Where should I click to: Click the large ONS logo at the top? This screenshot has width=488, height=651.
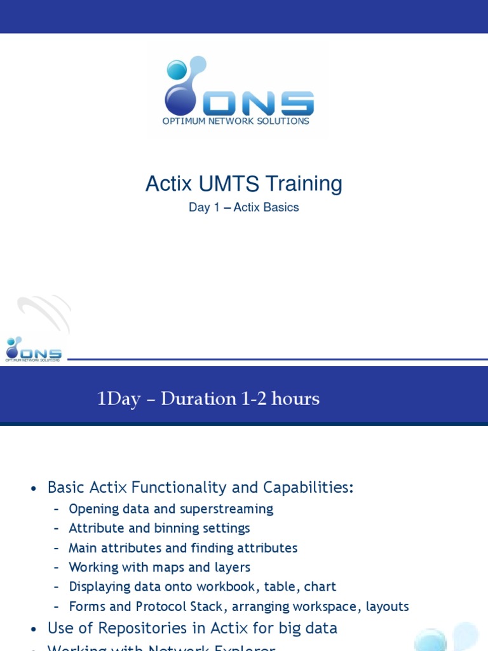click(x=238, y=89)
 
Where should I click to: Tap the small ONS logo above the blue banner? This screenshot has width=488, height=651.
click(x=33, y=348)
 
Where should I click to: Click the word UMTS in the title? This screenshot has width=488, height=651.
click(x=229, y=184)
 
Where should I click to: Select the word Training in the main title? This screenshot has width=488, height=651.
click(x=304, y=184)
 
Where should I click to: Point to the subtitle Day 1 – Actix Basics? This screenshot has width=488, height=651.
click(x=243, y=207)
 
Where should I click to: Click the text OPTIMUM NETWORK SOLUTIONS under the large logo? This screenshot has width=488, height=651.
click(x=236, y=121)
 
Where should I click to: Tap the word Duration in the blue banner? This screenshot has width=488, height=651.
click(x=198, y=399)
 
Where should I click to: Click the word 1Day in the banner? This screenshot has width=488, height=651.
click(x=118, y=399)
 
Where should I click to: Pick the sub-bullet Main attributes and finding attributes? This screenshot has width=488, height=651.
click(x=183, y=548)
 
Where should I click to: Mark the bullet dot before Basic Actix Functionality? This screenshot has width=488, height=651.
click(x=34, y=488)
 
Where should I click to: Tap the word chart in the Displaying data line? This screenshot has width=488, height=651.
click(x=320, y=587)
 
